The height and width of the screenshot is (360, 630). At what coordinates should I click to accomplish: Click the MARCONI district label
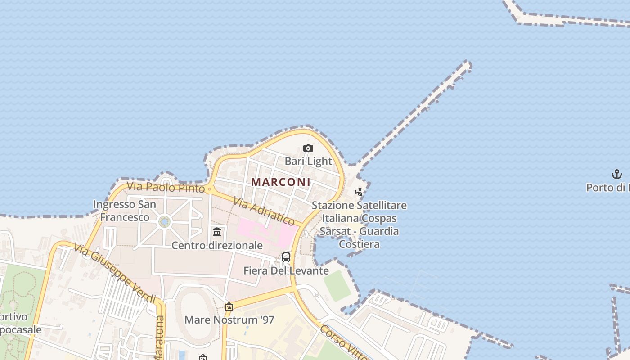pyautogui.click(x=281, y=182)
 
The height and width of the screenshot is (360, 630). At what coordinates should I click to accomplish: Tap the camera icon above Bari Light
pyautogui.click(x=308, y=148)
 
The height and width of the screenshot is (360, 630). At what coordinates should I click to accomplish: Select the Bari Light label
pyautogui.click(x=308, y=161)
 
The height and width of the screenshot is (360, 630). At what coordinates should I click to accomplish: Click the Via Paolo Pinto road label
pyautogui.click(x=166, y=187)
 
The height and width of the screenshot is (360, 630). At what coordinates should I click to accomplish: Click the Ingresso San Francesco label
pyautogui.click(x=125, y=211)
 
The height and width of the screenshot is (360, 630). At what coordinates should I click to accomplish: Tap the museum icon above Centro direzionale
pyautogui.click(x=217, y=232)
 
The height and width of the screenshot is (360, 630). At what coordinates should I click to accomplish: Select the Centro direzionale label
pyautogui.click(x=217, y=245)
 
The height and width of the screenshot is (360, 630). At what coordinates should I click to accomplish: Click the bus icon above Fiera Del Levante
pyautogui.click(x=286, y=257)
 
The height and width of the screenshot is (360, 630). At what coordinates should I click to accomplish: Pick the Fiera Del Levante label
pyautogui.click(x=286, y=271)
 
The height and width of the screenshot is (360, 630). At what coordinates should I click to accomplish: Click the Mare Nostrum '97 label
pyautogui.click(x=229, y=320)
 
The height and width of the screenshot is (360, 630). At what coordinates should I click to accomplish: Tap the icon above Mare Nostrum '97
pyautogui.click(x=229, y=307)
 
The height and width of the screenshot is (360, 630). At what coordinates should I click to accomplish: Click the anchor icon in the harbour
pyautogui.click(x=616, y=174)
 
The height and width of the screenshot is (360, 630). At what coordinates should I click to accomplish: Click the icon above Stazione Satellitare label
pyautogui.click(x=359, y=192)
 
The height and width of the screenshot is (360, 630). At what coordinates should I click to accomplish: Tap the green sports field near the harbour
pyautogui.click(x=337, y=285)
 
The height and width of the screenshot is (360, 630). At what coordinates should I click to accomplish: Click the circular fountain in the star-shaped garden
pyautogui.click(x=164, y=221)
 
